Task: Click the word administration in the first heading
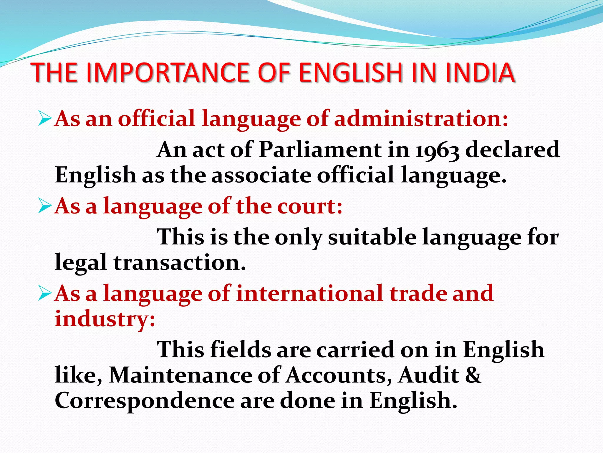421,119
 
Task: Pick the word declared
513,149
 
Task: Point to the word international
309,293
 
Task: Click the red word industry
105,319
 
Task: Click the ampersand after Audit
473,375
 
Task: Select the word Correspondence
145,401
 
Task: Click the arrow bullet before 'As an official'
45,119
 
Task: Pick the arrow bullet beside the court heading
45,206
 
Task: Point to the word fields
241,350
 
